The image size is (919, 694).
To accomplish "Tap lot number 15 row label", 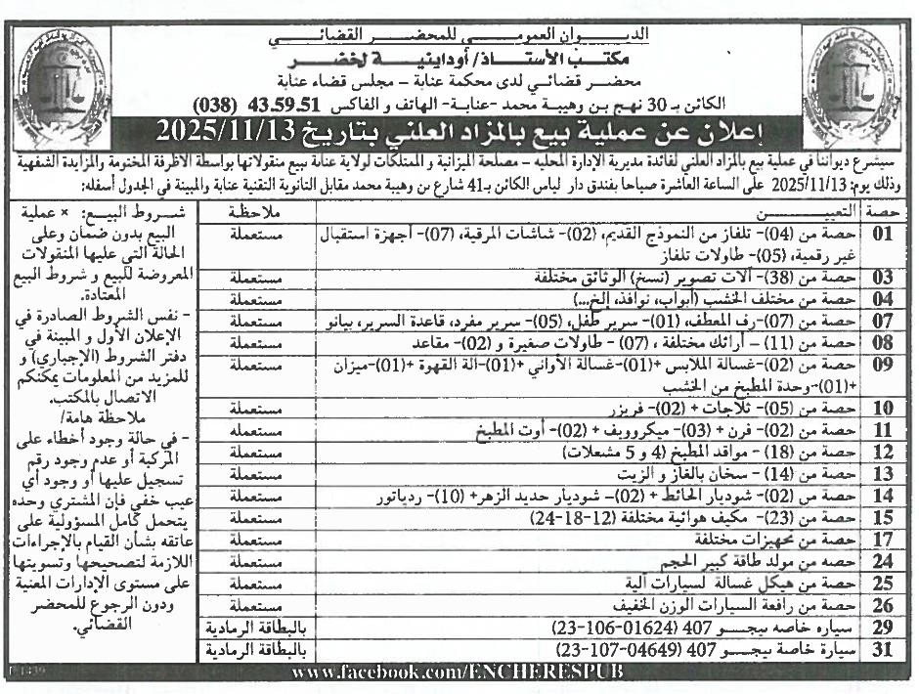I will (x=883, y=518).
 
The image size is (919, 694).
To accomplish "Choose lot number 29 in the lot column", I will (x=883, y=628).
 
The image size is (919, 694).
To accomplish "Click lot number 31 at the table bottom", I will (x=883, y=649).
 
